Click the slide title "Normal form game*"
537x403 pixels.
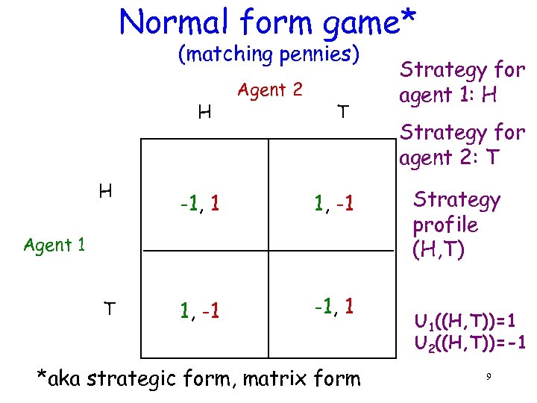click(x=268, y=22)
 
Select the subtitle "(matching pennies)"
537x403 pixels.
click(x=269, y=54)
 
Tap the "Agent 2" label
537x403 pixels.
click(x=269, y=90)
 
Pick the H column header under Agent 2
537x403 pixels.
click(x=203, y=113)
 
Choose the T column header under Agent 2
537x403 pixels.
click(x=342, y=112)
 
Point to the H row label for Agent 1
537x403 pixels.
click(x=106, y=192)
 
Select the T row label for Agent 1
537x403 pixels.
click(x=109, y=307)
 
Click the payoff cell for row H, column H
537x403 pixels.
click(x=198, y=201)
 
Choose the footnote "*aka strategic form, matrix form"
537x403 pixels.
click(x=198, y=378)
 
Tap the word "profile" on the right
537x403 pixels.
click(x=445, y=225)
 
